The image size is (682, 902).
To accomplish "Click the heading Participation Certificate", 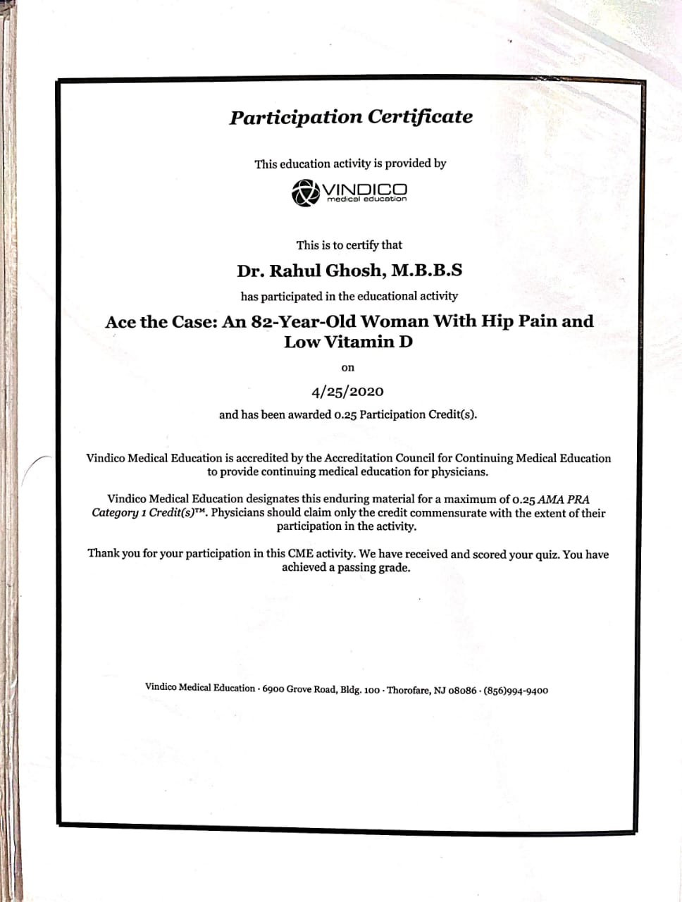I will [x=350, y=117].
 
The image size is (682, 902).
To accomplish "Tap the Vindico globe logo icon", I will [x=304, y=192].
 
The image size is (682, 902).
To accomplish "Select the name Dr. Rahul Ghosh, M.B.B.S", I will [x=349, y=271].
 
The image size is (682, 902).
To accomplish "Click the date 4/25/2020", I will [x=347, y=391].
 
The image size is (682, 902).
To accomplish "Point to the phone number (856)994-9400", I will [x=516, y=691].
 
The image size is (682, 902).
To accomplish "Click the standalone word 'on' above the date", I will [x=347, y=368].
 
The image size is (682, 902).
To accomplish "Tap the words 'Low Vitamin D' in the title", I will [x=348, y=342].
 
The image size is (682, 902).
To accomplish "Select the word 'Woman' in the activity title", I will [x=394, y=321].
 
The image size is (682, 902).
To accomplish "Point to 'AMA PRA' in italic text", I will [x=564, y=500].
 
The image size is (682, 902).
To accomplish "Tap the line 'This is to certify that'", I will [x=349, y=245].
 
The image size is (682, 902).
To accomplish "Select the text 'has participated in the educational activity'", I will [x=349, y=296].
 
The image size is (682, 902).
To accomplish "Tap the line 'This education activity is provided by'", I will [x=350, y=163].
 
